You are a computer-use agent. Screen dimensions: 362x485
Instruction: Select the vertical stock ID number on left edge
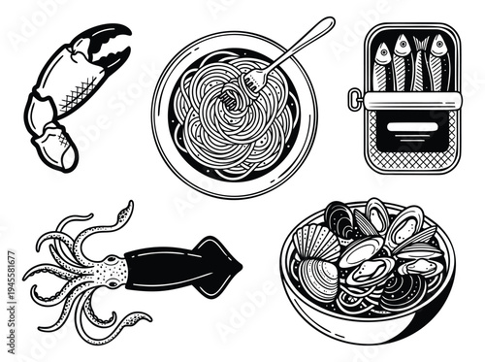(x=10, y=281)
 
